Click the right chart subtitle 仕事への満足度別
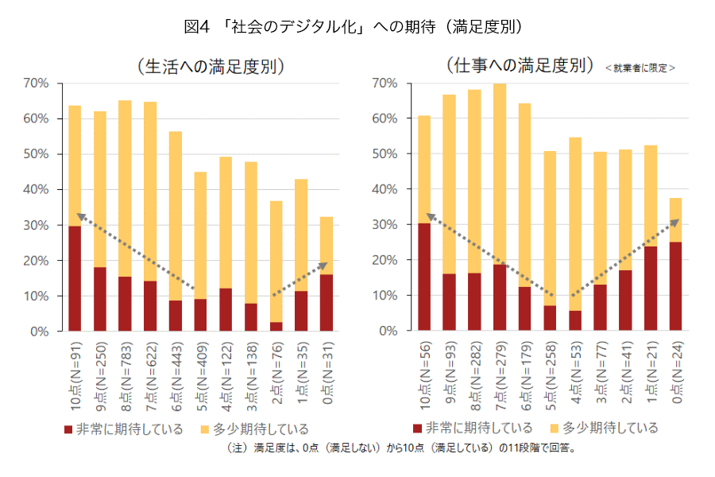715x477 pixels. click(x=520, y=64)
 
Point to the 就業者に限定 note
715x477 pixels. click(x=640, y=68)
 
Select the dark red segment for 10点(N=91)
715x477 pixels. click(x=75, y=278)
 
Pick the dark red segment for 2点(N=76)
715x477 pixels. click(x=276, y=326)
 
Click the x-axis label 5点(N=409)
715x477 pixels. click(x=201, y=374)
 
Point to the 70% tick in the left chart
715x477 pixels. click(x=37, y=83)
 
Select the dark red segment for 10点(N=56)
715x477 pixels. click(x=424, y=277)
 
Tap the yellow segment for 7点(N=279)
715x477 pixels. click(x=500, y=174)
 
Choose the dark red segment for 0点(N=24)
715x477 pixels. click(x=675, y=286)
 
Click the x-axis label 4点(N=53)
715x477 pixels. click(x=575, y=373)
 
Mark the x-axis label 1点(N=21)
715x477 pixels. click(x=651, y=373)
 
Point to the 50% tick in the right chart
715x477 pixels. click(x=385, y=153)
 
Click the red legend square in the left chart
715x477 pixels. click(x=68, y=429)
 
